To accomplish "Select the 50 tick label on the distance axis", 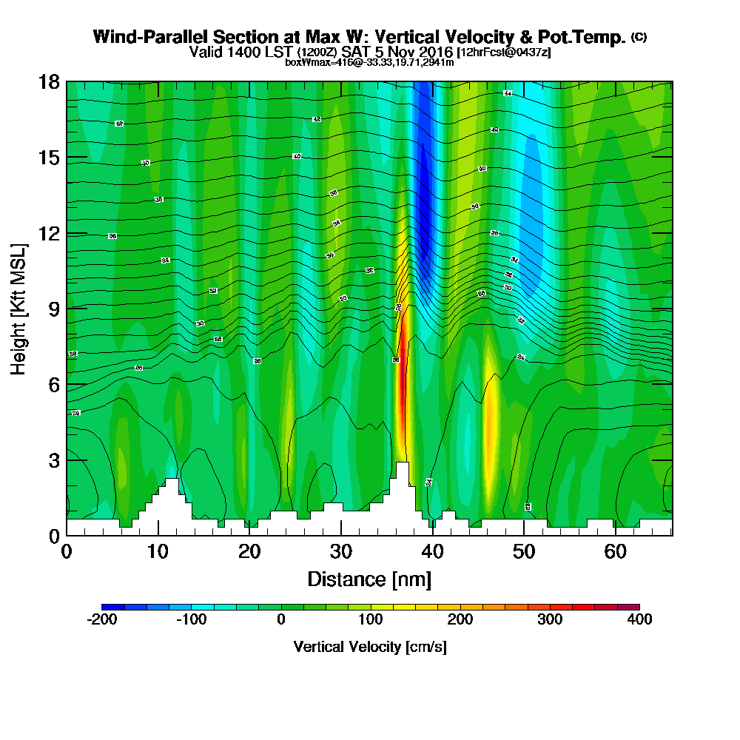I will [x=524, y=552].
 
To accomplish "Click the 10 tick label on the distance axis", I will [x=158, y=552].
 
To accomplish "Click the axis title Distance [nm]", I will [x=369, y=579].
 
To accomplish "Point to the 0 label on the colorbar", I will [x=281, y=619].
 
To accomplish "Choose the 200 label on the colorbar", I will [x=460, y=619].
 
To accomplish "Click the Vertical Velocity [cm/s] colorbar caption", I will [x=370, y=647].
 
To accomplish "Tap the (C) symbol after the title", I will [x=639, y=37].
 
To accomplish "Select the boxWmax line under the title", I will [x=369, y=62].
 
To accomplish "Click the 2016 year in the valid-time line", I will [x=434, y=53].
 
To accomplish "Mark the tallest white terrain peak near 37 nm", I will [x=402, y=474].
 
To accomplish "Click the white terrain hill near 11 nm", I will [x=172, y=492].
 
